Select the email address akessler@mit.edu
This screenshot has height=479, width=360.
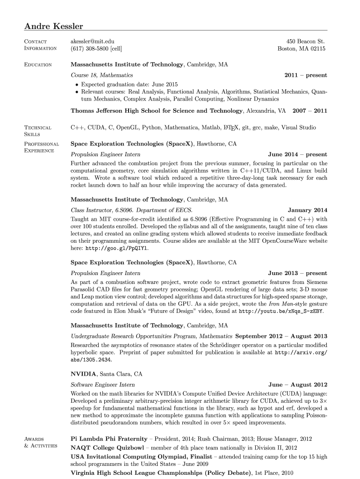coord(93,42)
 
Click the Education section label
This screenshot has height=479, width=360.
coord(38,65)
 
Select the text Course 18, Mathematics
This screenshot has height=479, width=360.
coord(101,75)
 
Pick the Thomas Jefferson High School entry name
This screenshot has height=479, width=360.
coord(157,111)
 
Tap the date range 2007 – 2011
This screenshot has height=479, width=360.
coord(310,111)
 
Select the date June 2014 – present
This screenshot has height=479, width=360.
coord(297,154)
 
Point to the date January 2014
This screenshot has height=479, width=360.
coord(307,210)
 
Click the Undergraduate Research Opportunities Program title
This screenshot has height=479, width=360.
coord(151,336)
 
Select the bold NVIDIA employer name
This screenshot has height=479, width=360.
coord(84,374)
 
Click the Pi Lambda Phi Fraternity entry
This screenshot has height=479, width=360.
coord(108,439)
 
